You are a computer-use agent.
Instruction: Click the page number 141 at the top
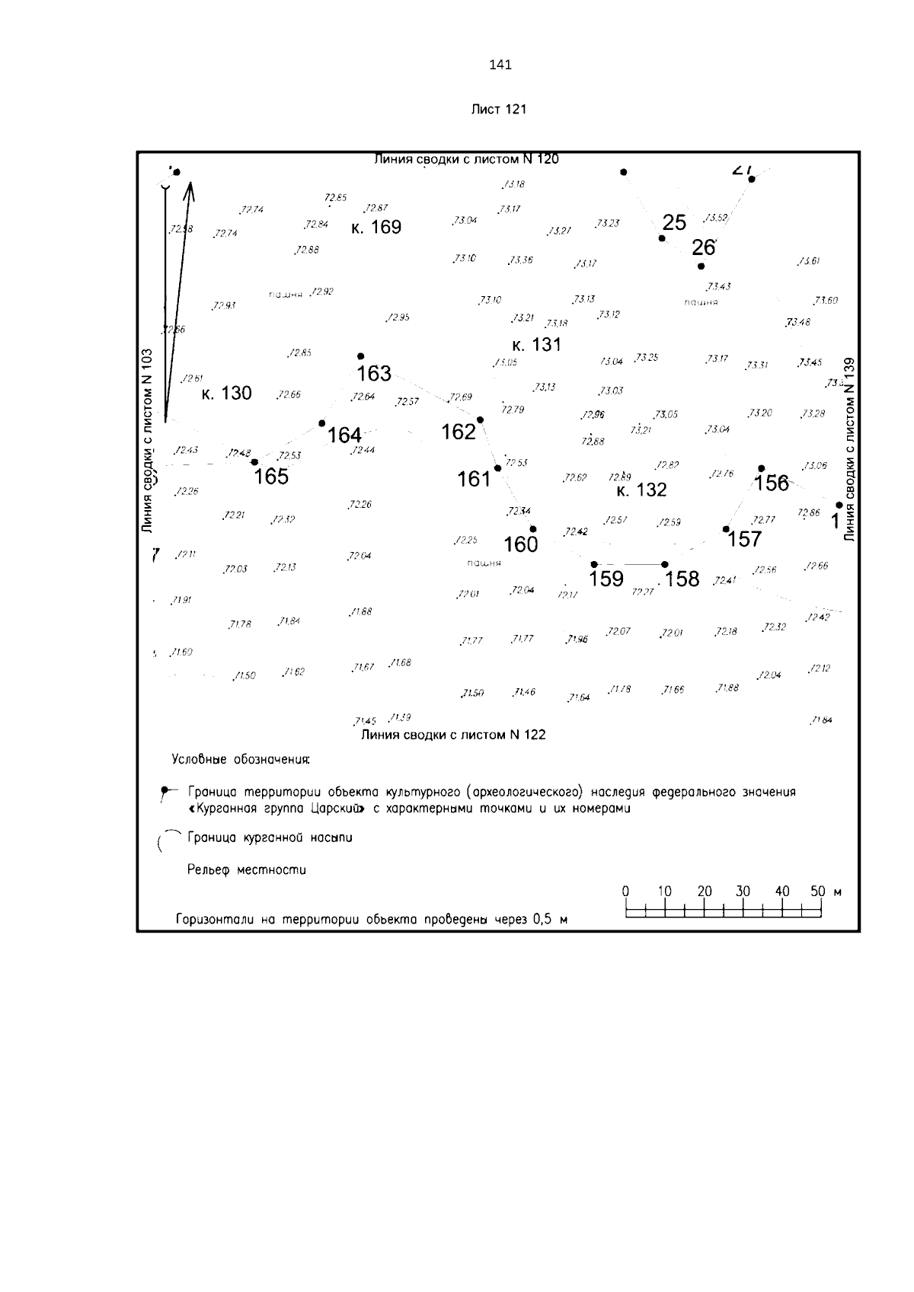click(500, 65)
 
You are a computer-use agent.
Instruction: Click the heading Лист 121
click(499, 109)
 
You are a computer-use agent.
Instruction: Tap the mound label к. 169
click(376, 228)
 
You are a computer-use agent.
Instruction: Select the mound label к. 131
click(536, 345)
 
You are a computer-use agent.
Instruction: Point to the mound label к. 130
click(226, 394)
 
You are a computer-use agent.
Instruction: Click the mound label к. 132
click(641, 490)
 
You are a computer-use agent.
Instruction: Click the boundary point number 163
click(374, 374)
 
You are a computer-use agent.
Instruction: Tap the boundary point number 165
click(271, 477)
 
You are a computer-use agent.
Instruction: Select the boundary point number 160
click(521, 544)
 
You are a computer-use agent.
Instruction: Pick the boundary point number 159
click(606, 579)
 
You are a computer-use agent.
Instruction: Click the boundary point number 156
click(772, 483)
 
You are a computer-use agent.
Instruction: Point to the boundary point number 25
click(674, 223)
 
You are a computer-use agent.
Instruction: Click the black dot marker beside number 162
click(480, 420)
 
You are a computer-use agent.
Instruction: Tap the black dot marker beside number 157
click(726, 529)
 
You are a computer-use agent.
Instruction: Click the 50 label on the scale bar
click(817, 892)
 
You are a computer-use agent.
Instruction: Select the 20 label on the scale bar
click(704, 892)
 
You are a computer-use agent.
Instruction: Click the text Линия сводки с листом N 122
click(453, 735)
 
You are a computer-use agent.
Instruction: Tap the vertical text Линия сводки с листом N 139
click(850, 449)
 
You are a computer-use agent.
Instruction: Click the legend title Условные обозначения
click(241, 760)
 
